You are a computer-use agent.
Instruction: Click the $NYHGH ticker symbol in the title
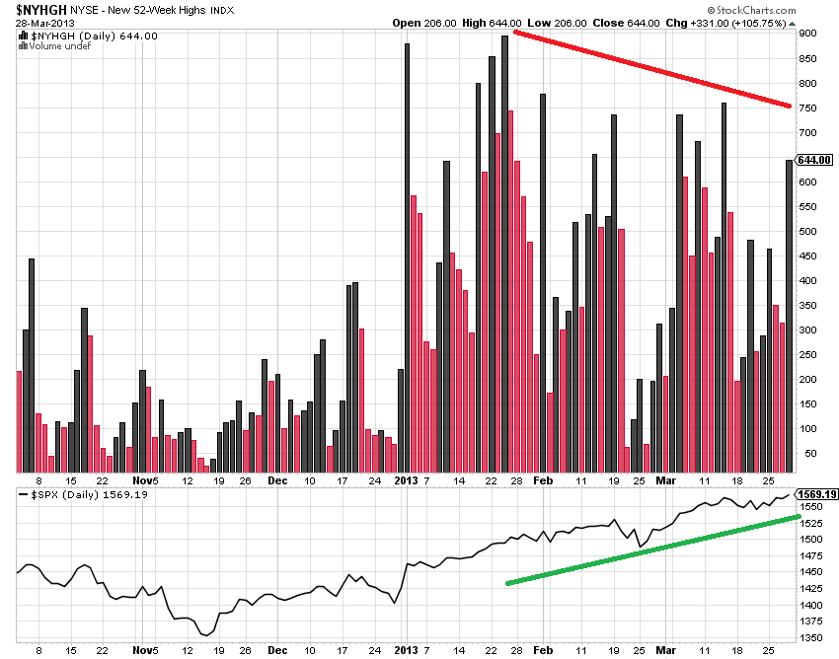(34, 8)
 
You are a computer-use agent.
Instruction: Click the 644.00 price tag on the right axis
(815, 160)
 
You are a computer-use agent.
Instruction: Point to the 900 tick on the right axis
(807, 34)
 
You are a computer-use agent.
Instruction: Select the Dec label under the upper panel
(276, 480)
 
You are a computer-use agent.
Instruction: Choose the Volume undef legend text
(52, 45)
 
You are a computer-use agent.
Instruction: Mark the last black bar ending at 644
(789, 316)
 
